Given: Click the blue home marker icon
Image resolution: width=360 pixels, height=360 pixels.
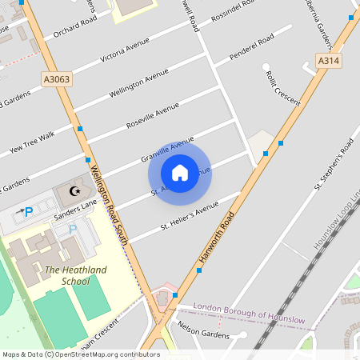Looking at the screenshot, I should (x=180, y=172).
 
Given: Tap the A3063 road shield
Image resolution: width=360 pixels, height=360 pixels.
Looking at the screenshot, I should (x=56, y=78).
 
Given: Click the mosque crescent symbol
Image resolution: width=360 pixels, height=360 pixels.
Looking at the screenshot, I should (x=76, y=191).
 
